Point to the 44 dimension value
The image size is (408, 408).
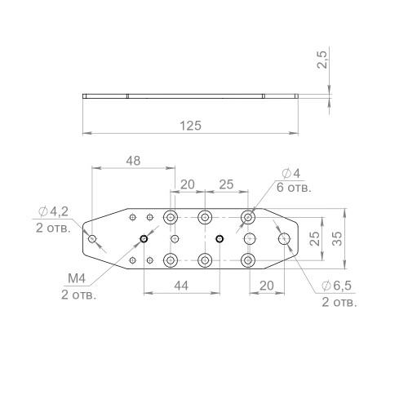pos(180,286)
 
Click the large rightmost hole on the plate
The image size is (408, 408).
pos(285,238)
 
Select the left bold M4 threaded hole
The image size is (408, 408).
pos(143,238)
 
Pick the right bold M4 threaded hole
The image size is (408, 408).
pos(220,238)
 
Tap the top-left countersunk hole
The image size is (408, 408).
pos(171,217)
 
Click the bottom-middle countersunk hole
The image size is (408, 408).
pos(204,259)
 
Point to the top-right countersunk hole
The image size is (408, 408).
pos(248,217)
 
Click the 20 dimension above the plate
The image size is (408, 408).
pos(188,184)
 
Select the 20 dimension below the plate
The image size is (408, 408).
pos(266,286)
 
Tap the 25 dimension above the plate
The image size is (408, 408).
pos(228,184)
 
